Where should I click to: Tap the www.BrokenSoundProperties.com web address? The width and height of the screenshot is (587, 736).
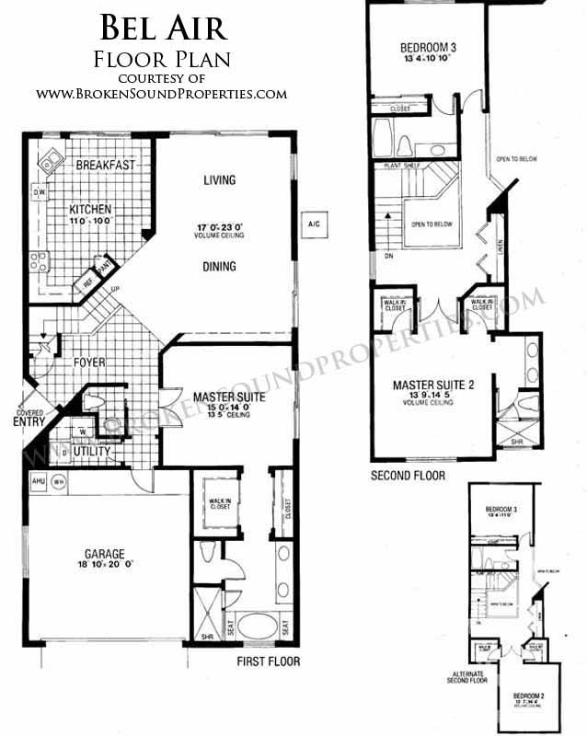162,93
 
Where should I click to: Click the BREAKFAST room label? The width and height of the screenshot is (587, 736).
106,166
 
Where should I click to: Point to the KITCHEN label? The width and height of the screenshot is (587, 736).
90,209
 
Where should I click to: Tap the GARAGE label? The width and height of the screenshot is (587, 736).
105,554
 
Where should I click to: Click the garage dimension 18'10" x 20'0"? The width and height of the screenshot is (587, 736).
105,568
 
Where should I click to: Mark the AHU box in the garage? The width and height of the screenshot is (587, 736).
38,479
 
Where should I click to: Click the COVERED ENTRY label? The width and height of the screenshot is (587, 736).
29,418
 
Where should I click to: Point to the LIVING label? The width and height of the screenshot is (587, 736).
220,180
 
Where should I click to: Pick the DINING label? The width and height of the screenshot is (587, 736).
220,267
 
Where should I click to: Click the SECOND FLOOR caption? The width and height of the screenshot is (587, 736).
407,476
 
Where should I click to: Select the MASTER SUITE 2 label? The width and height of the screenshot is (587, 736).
432,385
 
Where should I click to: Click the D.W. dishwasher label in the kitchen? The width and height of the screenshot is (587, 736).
40,193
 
